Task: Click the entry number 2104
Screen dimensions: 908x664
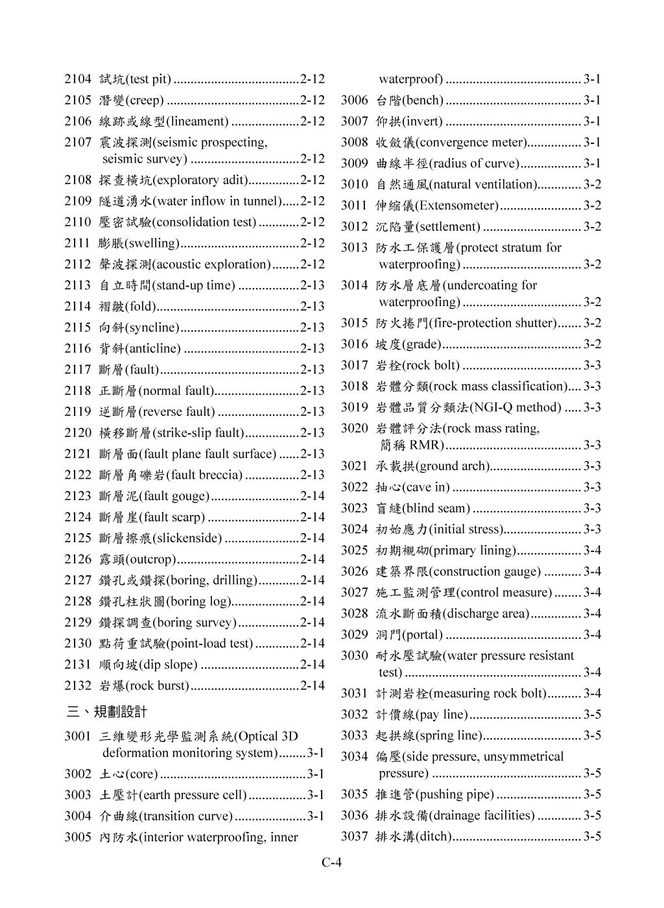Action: [x=77, y=80]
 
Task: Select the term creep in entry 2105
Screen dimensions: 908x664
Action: [x=144, y=101]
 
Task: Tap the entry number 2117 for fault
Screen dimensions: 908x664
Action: [x=77, y=370]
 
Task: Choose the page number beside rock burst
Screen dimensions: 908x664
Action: [x=313, y=686]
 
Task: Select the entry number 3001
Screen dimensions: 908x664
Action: [x=77, y=736]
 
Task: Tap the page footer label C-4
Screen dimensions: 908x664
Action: [x=331, y=863]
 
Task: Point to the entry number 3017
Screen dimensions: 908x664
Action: [x=354, y=365]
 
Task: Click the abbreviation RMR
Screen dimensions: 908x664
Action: [x=426, y=445]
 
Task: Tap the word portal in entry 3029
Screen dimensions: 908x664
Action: [x=422, y=634]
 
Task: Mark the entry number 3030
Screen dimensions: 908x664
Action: [x=354, y=656]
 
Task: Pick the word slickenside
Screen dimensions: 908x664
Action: [x=187, y=538]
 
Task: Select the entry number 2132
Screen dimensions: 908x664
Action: [x=77, y=686]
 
